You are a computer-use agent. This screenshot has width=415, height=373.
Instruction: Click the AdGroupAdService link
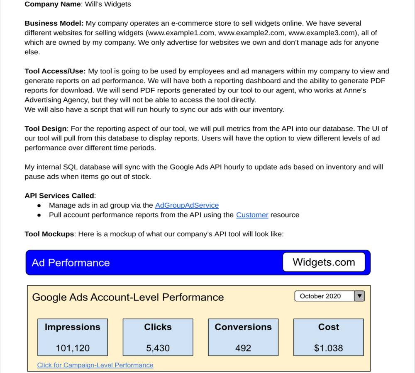point(187,205)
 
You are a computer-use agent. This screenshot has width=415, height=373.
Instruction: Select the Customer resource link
point(252,215)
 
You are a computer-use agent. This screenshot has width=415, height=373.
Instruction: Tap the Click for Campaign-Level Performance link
point(95,365)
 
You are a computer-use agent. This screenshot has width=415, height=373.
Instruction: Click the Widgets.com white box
point(324,262)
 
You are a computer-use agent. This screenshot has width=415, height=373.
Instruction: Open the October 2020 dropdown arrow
point(359,296)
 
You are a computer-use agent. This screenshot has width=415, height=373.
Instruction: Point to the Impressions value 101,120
point(73,348)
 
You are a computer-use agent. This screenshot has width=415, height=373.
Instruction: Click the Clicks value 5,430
point(158,348)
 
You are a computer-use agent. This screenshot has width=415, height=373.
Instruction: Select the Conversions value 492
point(243,348)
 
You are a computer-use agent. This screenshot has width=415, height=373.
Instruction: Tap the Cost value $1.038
point(329,348)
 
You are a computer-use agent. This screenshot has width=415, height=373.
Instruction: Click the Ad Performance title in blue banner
point(71,263)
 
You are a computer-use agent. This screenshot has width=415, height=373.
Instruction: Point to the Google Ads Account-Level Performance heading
point(128,297)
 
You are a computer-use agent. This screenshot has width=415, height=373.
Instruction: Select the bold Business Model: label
point(54,23)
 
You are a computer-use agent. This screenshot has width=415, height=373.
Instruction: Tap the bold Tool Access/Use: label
point(55,71)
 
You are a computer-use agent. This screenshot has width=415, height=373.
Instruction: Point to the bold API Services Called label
point(60,196)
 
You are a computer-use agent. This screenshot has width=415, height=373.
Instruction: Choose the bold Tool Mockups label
point(49,234)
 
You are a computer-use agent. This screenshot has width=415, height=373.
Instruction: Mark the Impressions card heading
point(73,327)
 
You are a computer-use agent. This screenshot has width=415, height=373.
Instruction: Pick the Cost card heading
point(329,327)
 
